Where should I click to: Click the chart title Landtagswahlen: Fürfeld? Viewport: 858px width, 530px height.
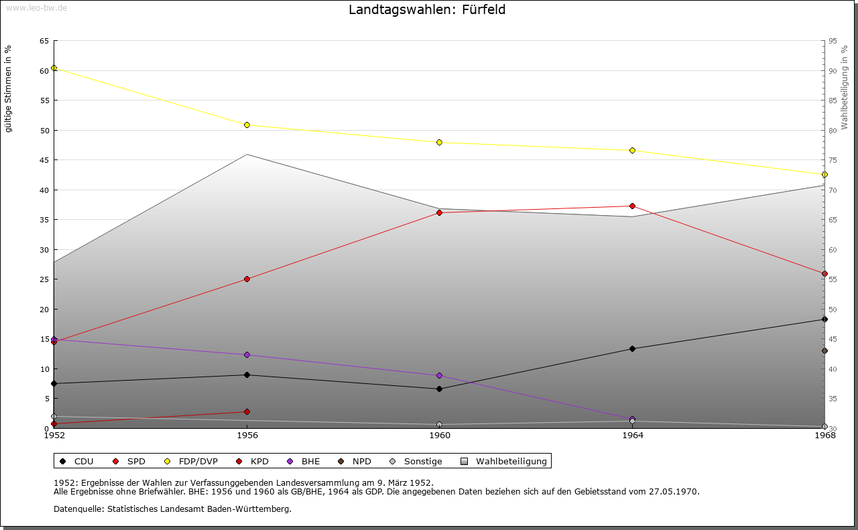pos(427,10)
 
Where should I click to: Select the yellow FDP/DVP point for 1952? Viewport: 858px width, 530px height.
pos(54,68)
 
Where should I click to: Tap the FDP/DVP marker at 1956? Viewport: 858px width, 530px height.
pos(247,125)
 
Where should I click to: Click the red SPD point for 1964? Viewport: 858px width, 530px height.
pos(632,206)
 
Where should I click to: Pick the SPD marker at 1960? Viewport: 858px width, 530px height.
pos(440,213)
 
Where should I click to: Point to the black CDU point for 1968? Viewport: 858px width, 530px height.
pos(824,320)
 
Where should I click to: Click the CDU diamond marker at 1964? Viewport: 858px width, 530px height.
pos(632,349)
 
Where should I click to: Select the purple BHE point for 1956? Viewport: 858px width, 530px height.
pos(247,355)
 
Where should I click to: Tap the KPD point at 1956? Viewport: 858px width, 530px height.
pos(247,412)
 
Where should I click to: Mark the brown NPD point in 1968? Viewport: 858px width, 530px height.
pos(824,351)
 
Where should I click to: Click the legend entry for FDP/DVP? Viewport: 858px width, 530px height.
pos(192,462)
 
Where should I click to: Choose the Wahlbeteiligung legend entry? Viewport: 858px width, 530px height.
pos(511,462)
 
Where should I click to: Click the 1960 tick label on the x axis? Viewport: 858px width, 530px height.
pos(440,436)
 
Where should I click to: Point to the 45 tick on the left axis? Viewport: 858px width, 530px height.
pos(44,160)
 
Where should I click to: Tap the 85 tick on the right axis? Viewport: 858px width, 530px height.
pos(833,101)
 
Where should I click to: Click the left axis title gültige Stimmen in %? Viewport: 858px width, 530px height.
pos(9,88)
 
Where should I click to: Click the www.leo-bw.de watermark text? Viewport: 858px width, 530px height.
pos(36,7)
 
